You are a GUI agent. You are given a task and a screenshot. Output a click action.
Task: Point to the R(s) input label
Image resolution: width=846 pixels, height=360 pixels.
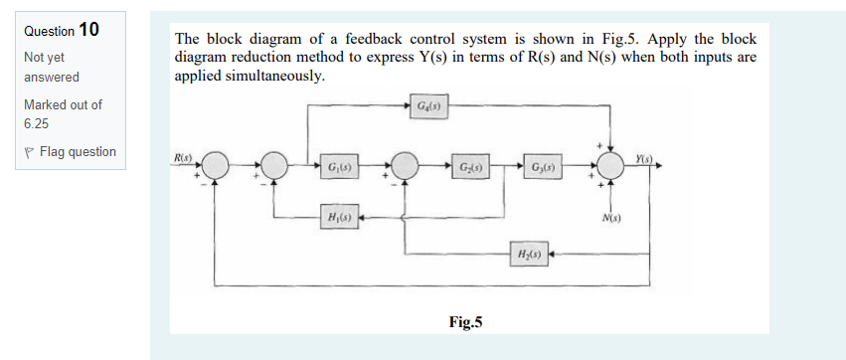(x=183, y=158)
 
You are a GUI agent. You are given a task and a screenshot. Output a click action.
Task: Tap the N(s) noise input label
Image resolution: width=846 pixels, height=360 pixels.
(x=612, y=218)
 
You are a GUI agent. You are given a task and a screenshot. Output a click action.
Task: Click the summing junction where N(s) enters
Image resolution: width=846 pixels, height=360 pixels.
(x=612, y=165)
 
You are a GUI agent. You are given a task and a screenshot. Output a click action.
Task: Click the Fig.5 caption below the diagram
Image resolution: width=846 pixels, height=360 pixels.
(x=465, y=321)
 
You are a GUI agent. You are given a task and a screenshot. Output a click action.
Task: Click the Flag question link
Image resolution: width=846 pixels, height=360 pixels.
(x=77, y=152)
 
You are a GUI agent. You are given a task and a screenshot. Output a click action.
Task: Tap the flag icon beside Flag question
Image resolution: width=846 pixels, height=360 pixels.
(x=30, y=152)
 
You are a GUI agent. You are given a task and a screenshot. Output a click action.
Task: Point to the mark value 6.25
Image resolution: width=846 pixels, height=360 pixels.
(x=38, y=124)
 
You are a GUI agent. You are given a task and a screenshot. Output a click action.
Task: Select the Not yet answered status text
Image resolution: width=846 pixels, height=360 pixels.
(x=52, y=68)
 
